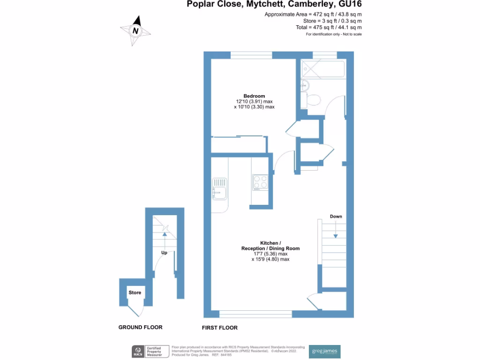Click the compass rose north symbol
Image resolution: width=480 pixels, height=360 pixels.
[x=136, y=30]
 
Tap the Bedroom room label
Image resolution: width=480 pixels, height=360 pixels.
[x=254, y=96]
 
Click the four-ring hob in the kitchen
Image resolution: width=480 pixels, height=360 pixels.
[x=260, y=181]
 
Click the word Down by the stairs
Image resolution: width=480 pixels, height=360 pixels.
[x=336, y=217]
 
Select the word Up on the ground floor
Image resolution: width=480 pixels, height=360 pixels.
[x=164, y=253]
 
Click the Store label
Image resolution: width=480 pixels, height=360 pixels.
[x=135, y=292]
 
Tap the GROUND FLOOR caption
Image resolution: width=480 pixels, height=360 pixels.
[x=140, y=327]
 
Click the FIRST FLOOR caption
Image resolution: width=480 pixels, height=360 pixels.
[x=220, y=328]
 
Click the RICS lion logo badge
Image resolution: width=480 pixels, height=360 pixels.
[x=138, y=351]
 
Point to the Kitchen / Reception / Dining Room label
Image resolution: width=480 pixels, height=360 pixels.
[x=270, y=246]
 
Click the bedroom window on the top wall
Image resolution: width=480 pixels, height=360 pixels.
[x=251, y=55]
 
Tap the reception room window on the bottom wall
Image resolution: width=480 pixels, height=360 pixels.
[x=255, y=314]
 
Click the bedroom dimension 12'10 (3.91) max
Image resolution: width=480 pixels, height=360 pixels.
[x=254, y=102]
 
